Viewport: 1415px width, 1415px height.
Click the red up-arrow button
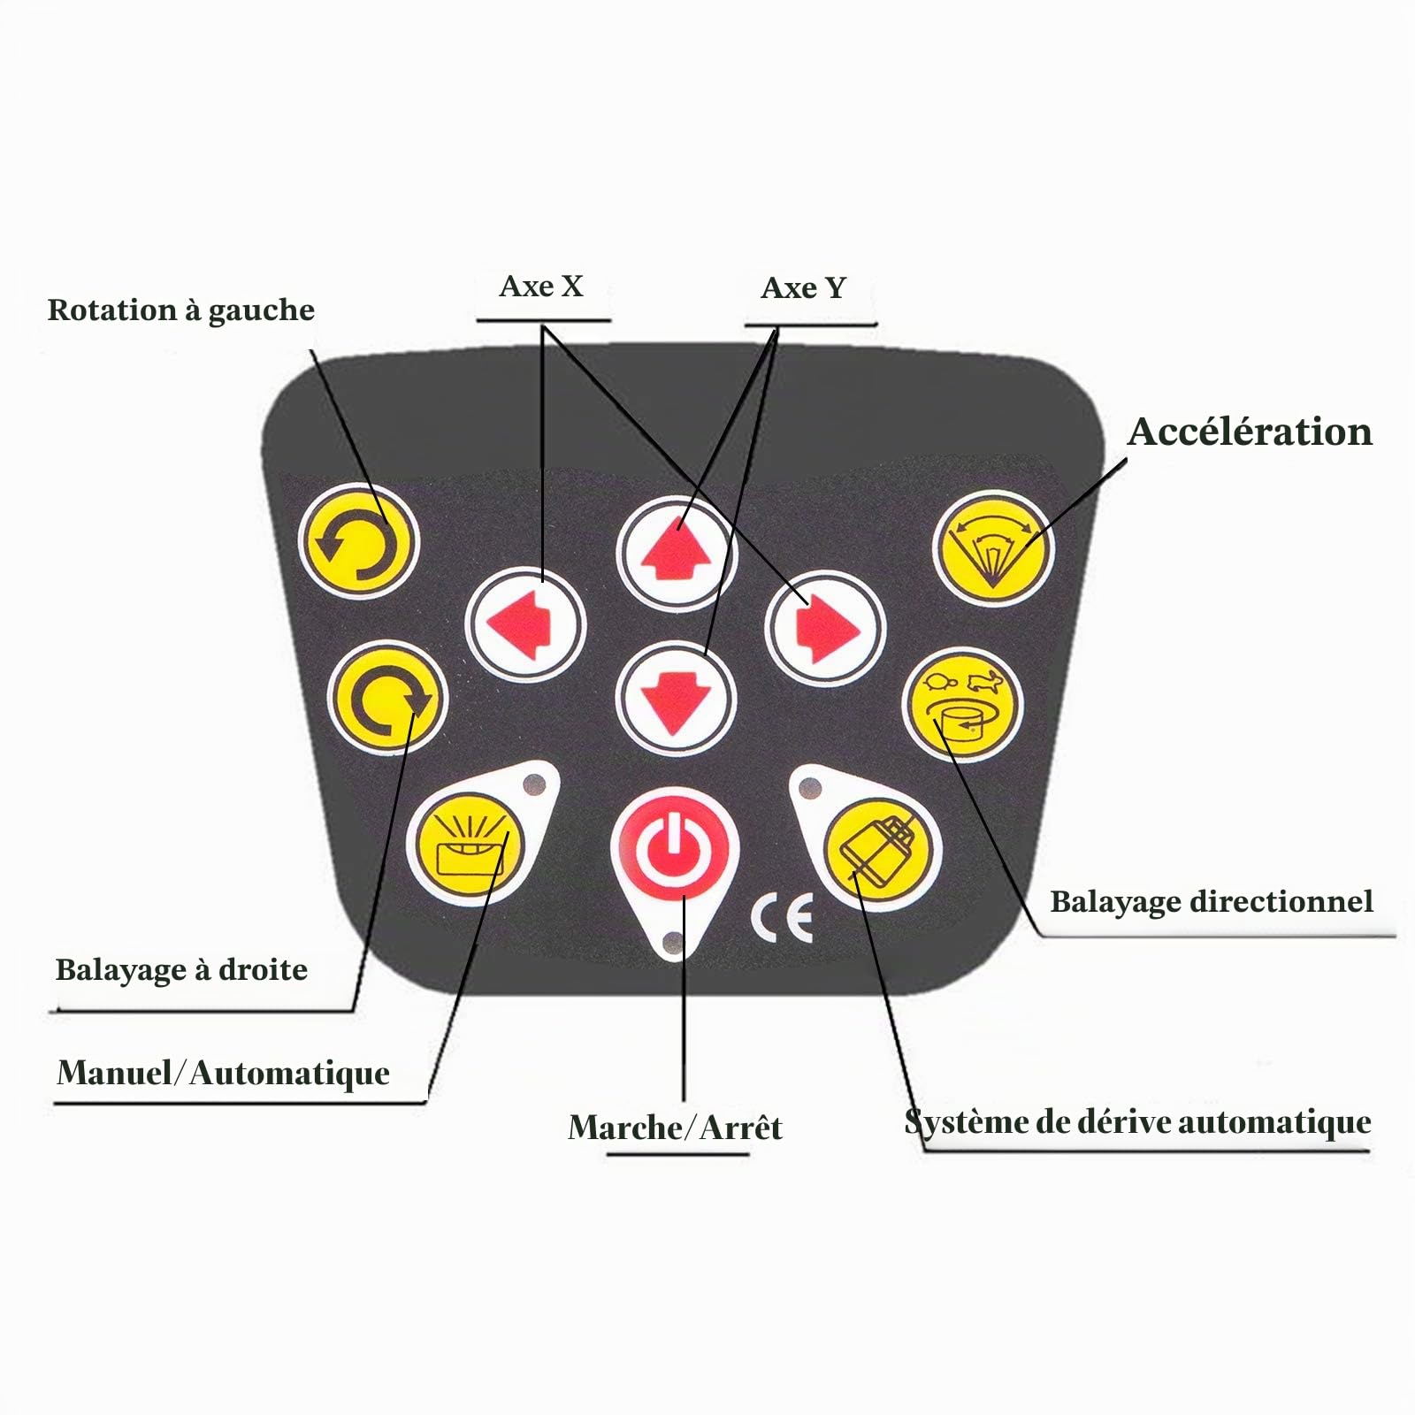(677, 554)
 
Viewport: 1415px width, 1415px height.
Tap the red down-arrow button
(677, 698)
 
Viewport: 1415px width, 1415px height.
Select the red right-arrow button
(825, 629)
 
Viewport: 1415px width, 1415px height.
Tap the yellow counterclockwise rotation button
(357, 540)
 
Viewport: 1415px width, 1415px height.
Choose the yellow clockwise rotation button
(387, 698)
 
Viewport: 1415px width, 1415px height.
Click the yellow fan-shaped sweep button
(993, 548)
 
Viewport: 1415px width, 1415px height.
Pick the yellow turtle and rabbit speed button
(963, 705)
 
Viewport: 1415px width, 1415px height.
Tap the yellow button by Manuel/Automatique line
(470, 845)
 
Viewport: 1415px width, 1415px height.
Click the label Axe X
(541, 287)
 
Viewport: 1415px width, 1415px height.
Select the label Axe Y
(803, 288)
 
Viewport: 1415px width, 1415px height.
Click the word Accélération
(1250, 432)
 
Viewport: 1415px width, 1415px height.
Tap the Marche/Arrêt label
(675, 1128)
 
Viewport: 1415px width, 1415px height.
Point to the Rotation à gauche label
(181, 310)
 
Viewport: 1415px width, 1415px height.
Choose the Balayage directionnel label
(1212, 902)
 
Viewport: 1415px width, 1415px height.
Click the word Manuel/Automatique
(223, 1073)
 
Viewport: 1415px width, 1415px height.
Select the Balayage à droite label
(181, 970)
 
